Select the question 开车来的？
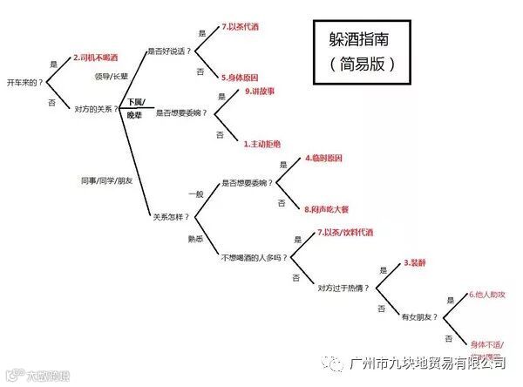point(24,81)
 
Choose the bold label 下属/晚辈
point(137,108)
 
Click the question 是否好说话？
point(171,51)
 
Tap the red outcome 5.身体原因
point(240,77)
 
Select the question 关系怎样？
point(172,214)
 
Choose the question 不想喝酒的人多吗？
point(254,257)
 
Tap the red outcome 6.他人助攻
point(488,295)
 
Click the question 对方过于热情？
point(343,287)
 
